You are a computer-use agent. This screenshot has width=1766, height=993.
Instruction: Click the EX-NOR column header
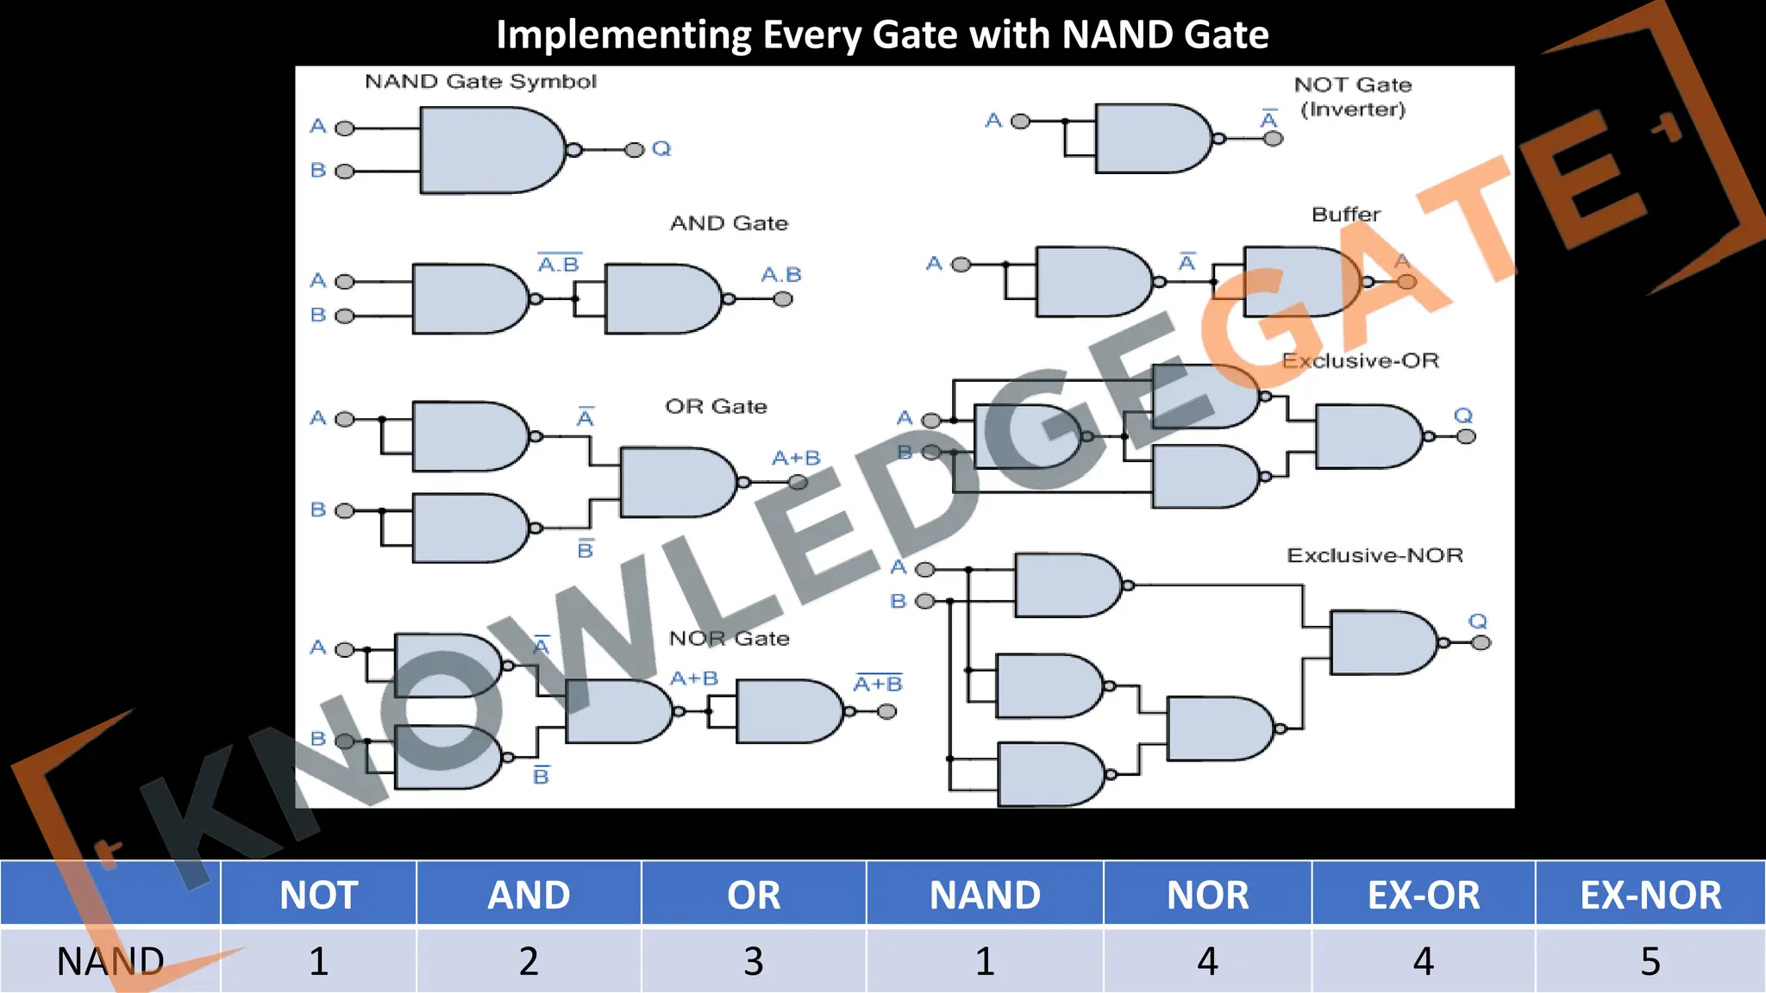coord(1650,895)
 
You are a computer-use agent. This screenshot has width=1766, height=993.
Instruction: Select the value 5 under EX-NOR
coord(1650,960)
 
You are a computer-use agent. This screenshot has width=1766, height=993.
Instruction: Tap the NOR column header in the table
coord(1207,895)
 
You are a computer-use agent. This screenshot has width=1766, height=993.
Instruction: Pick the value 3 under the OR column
coord(754,960)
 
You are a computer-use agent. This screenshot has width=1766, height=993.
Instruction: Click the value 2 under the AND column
coord(529,960)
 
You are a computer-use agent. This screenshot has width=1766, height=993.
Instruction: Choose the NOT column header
coord(318,895)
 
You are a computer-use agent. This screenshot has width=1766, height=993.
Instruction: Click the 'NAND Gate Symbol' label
coord(480,82)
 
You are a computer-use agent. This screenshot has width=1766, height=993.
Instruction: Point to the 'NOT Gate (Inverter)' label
coord(1353,97)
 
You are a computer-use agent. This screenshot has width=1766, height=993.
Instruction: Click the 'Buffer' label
coord(1345,215)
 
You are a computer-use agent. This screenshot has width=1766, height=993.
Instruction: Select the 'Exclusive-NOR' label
coord(1375,556)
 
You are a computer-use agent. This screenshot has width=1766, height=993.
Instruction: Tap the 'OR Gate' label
coord(716,407)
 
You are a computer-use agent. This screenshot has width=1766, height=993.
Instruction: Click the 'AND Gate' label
coord(729,224)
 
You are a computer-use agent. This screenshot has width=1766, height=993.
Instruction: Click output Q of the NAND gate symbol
coord(661,149)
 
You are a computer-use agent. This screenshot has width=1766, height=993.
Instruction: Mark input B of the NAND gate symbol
coord(318,171)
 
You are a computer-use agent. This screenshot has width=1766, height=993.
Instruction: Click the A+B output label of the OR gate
coord(795,459)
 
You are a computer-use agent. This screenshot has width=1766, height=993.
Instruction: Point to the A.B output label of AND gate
coord(781,275)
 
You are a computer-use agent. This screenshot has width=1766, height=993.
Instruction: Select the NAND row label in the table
coord(110,960)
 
